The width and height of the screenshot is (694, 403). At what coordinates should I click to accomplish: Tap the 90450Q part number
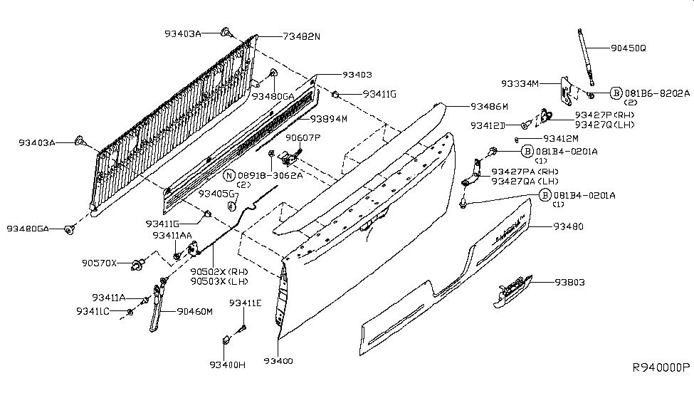628,48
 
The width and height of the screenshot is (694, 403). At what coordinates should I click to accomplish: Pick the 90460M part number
195,311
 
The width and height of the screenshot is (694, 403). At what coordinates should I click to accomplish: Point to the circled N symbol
228,174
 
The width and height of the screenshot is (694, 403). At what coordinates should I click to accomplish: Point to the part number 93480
569,226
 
